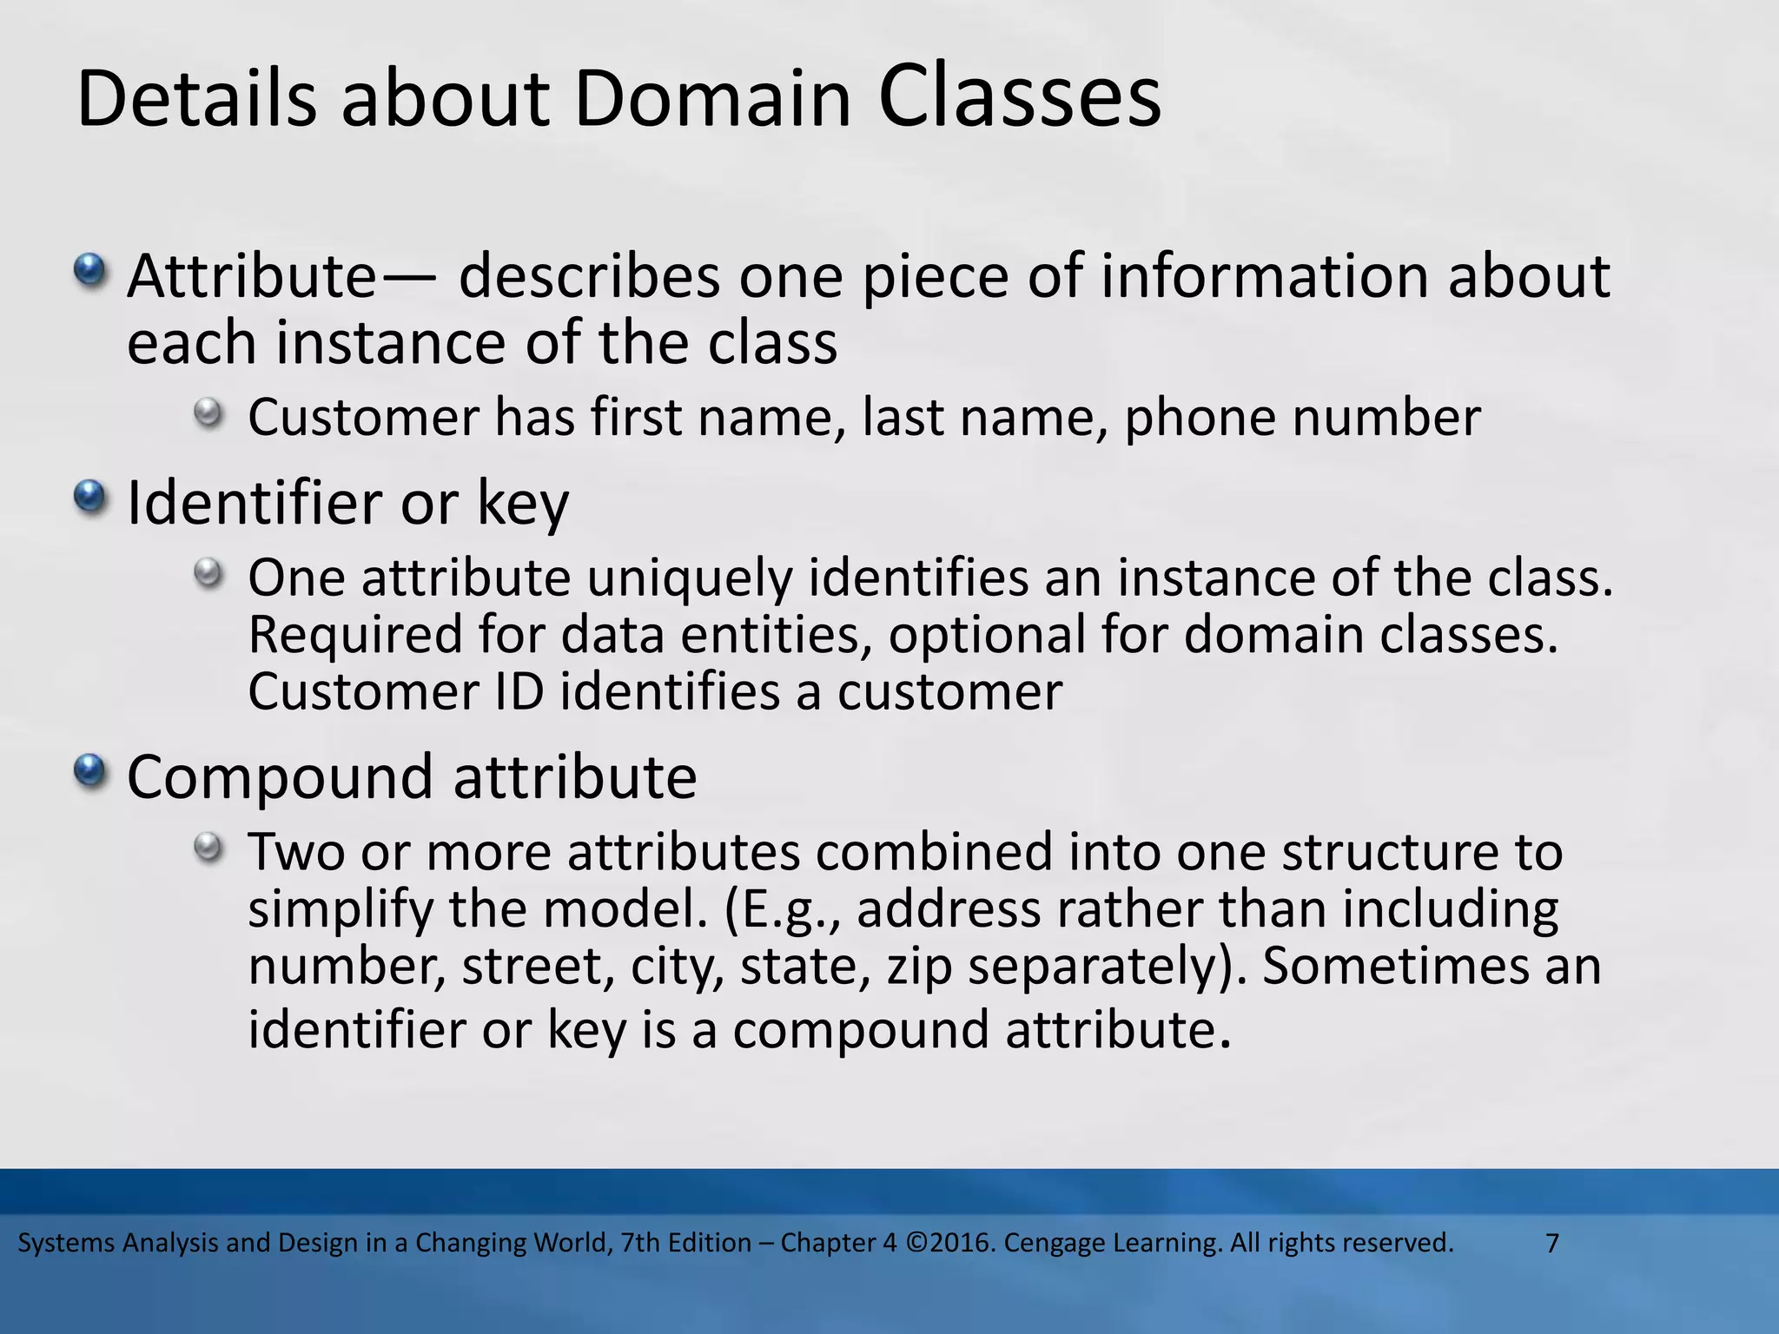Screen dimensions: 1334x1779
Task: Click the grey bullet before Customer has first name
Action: tap(208, 412)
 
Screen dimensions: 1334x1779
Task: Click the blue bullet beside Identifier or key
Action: tap(89, 498)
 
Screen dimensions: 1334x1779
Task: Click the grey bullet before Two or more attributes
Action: tap(208, 847)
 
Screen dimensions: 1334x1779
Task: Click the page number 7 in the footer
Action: tap(1552, 1243)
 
